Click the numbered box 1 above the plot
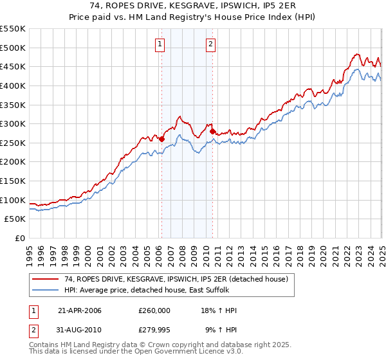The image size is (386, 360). (159, 44)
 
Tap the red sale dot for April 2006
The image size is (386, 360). (162, 138)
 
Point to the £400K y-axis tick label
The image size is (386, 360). (14, 85)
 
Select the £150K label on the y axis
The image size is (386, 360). (14, 181)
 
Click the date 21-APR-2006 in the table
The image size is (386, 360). (80, 310)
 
